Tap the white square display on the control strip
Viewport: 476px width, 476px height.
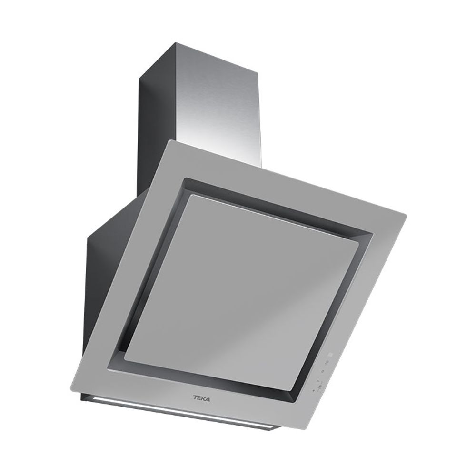[331, 354]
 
